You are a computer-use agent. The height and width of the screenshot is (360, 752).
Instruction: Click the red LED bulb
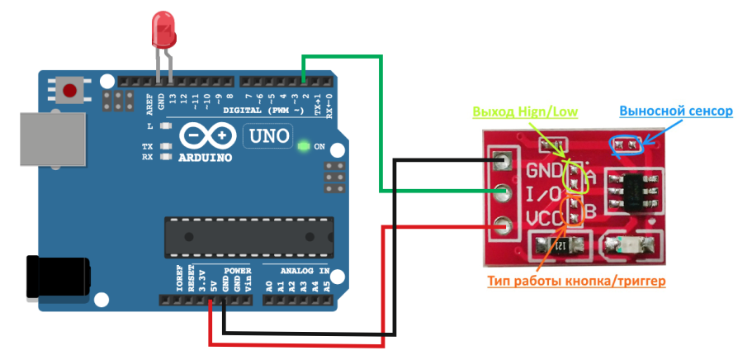[x=163, y=30]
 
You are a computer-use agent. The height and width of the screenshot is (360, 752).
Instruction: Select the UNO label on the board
[x=266, y=135]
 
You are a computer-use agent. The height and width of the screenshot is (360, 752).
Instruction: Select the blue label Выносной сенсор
[x=675, y=111]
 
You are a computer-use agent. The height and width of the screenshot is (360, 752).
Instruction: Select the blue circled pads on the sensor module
[x=625, y=145]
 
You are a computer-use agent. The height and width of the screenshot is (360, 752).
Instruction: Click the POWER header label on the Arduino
[x=237, y=271]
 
